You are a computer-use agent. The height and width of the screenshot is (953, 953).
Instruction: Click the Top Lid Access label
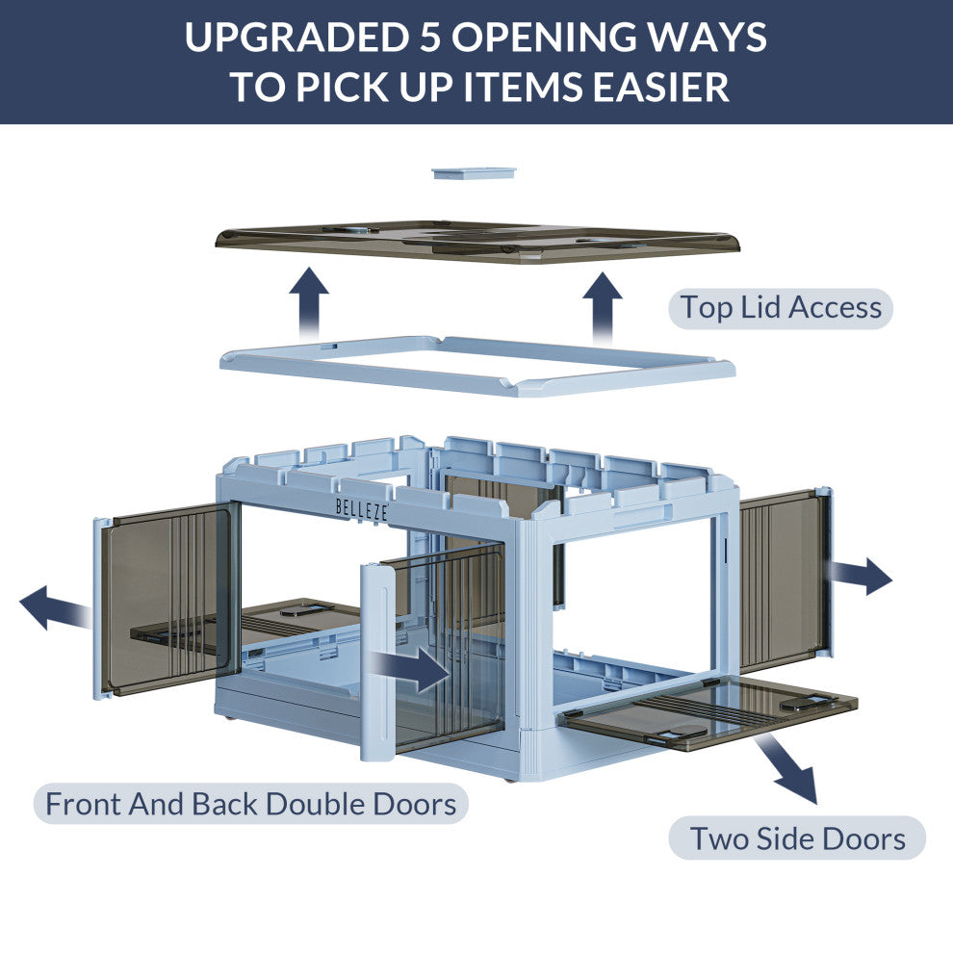tap(781, 308)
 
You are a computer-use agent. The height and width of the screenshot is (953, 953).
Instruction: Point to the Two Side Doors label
tap(797, 837)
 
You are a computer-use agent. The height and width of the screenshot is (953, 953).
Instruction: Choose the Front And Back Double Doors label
tap(250, 803)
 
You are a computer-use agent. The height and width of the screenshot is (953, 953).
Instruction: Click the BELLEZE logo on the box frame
tap(361, 509)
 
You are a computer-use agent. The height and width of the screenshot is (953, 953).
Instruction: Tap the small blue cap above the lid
tap(474, 173)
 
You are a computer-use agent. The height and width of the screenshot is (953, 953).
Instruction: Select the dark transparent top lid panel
tap(476, 243)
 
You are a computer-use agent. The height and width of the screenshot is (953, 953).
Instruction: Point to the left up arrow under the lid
tap(309, 300)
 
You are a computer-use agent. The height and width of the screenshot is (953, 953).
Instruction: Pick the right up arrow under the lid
tap(603, 305)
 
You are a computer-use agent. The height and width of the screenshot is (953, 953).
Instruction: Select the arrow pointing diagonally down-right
tap(788, 769)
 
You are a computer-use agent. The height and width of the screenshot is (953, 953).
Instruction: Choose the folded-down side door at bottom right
tap(712, 712)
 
